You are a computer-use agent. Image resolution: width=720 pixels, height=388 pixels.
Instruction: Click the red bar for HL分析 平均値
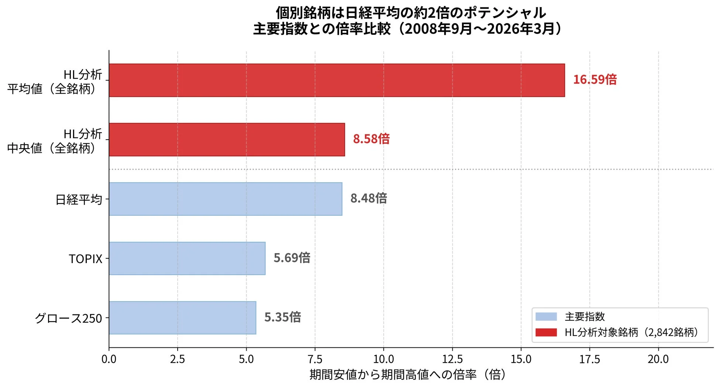[337, 80]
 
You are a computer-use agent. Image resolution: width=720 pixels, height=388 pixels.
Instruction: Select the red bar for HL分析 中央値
[227, 140]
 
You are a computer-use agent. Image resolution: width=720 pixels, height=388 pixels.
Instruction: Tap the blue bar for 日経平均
[225, 199]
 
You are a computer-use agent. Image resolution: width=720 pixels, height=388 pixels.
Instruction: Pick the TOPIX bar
[187, 258]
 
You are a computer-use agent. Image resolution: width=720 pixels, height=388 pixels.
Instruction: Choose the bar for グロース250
[182, 318]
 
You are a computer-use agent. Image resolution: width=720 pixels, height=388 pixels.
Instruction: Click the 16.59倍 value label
[594, 79]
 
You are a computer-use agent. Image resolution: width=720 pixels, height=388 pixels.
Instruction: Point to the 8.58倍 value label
[371, 139]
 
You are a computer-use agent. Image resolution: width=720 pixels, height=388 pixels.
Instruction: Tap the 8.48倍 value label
[368, 198]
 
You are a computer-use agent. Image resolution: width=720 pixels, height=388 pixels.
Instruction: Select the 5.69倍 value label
[292, 258]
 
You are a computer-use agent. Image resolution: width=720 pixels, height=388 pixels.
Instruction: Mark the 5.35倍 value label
[282, 317]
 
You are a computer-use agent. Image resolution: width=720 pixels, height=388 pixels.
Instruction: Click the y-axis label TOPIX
[85, 259]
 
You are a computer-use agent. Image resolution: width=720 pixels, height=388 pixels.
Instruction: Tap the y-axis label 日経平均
[79, 200]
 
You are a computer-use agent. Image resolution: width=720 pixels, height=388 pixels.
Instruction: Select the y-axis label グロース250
[68, 318]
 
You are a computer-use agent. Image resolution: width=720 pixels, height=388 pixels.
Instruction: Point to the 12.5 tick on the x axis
[452, 359]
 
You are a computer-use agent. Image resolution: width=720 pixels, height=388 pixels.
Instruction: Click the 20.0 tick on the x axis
[658, 359]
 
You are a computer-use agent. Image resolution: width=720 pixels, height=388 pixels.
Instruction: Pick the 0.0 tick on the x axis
[109, 359]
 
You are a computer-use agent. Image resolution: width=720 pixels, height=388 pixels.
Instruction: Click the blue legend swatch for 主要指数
[546, 317]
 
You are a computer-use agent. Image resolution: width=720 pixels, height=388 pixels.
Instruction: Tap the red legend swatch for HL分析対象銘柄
[546, 332]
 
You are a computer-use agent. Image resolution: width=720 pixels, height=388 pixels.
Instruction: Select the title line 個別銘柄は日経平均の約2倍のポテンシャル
[411, 13]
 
